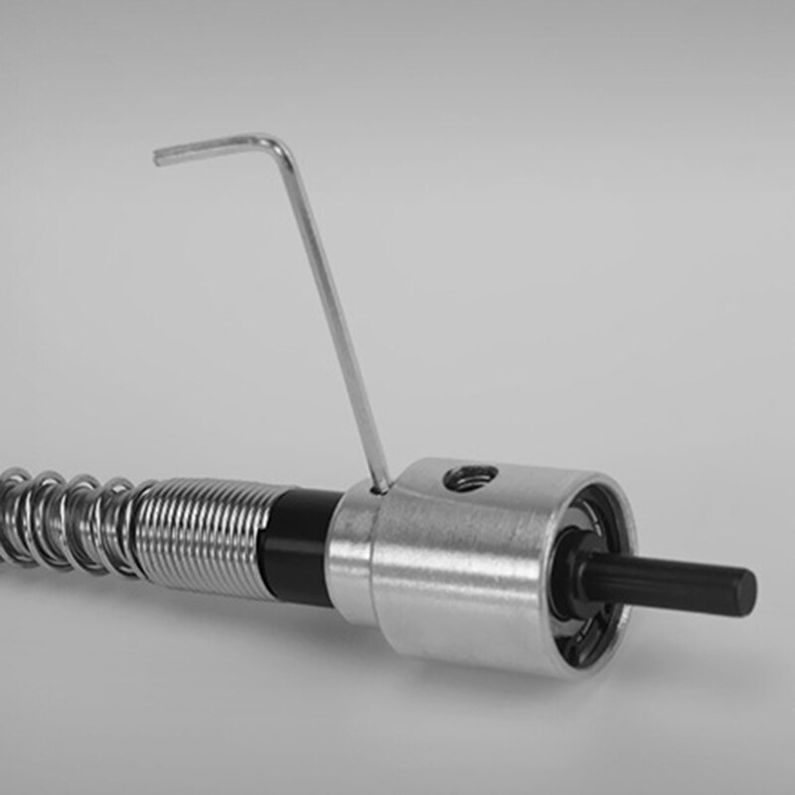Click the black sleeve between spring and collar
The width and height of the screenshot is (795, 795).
pyautogui.click(x=298, y=546)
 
